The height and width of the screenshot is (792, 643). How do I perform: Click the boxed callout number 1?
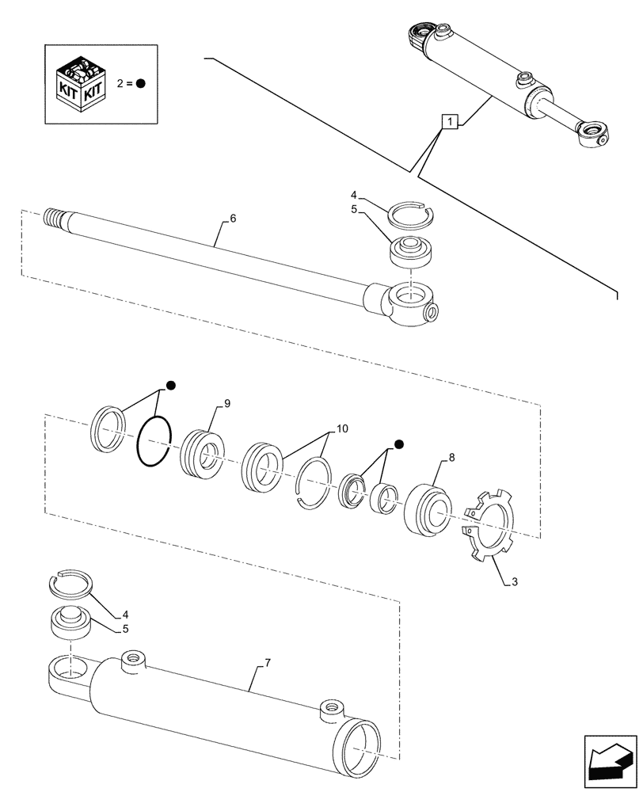click(449, 122)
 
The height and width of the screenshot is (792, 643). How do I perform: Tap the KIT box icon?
click(82, 82)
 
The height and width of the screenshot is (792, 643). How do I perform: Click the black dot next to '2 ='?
click(140, 82)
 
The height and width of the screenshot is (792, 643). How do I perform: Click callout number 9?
click(226, 404)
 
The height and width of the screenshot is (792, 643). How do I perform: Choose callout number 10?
click(342, 428)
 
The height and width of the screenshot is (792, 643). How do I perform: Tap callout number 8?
click(451, 458)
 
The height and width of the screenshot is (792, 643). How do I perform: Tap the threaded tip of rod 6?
click(54, 219)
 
